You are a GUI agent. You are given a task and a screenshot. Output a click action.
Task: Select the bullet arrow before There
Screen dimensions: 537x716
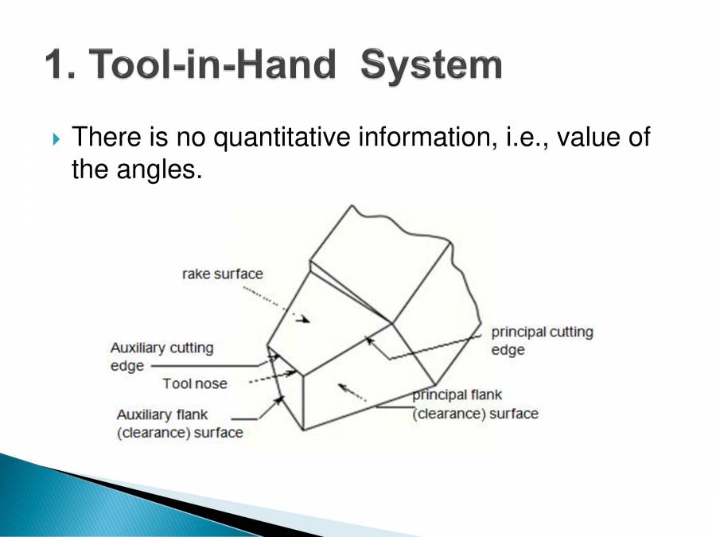(x=56, y=140)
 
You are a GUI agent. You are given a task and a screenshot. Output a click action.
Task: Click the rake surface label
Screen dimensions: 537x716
(x=222, y=274)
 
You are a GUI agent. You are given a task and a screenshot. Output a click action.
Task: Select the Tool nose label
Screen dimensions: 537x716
(x=195, y=383)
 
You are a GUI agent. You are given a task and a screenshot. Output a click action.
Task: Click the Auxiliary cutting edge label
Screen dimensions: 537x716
(x=161, y=356)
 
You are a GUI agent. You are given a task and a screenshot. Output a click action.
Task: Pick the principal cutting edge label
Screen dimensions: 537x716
(x=541, y=340)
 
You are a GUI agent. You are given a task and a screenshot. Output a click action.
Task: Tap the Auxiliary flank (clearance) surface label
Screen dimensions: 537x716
(x=179, y=423)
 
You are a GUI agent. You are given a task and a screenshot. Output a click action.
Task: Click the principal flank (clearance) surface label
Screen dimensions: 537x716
(x=474, y=404)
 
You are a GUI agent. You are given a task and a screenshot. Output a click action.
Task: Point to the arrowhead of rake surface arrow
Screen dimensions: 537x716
(x=305, y=320)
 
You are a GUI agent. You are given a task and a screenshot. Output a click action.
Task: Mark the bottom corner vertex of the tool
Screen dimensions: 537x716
(x=303, y=430)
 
